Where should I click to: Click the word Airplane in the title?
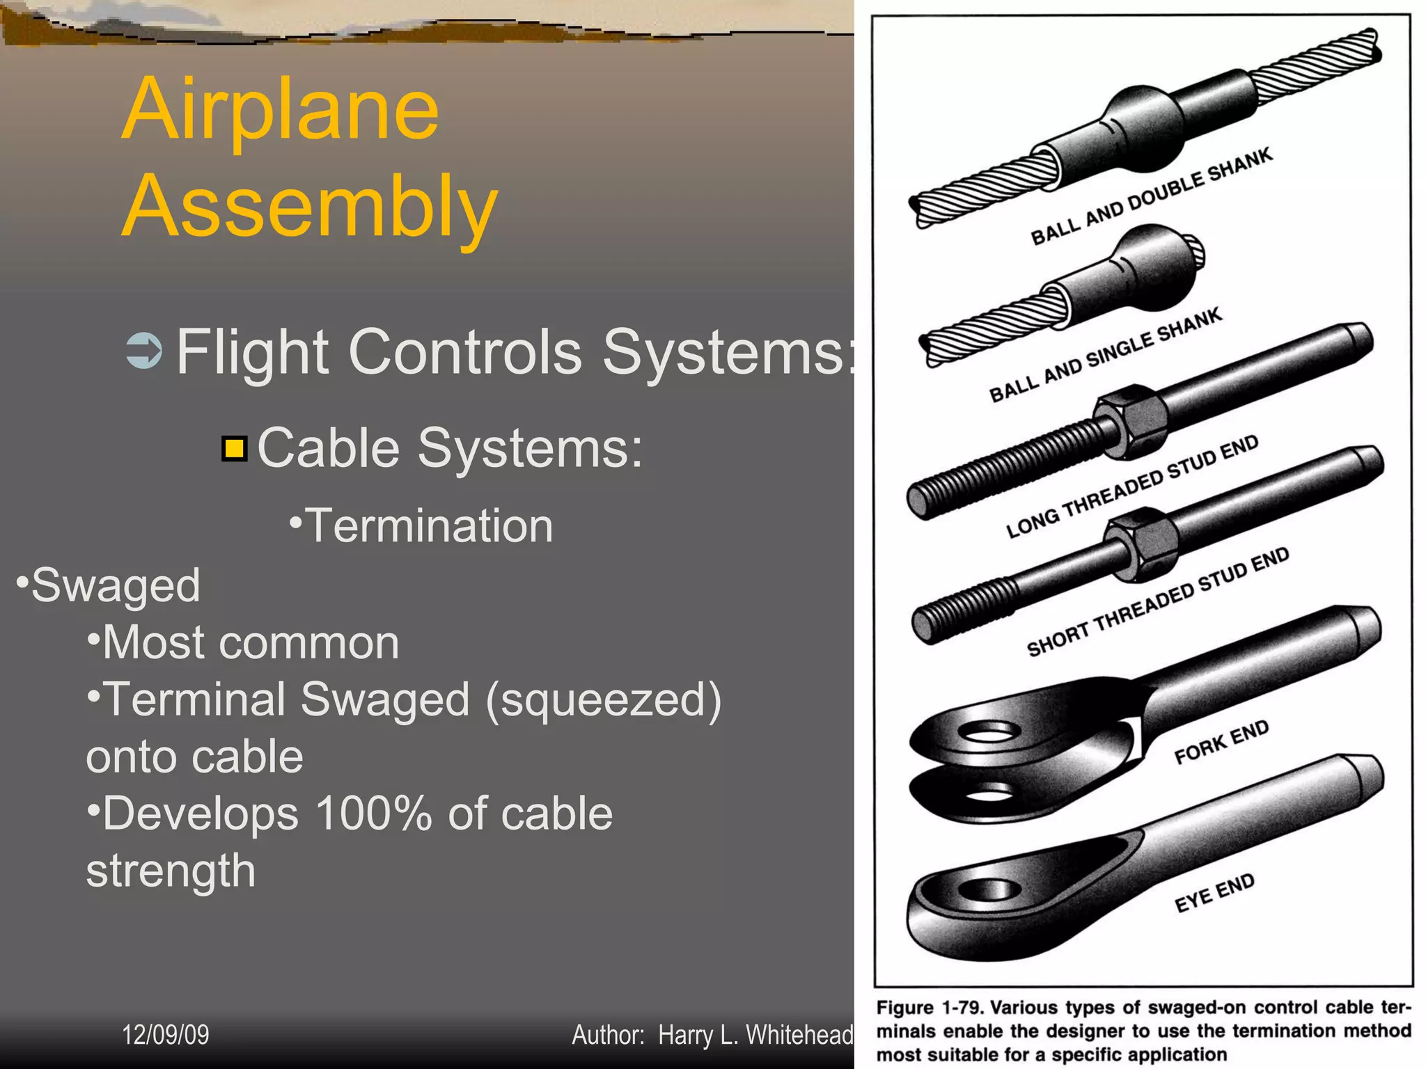click(281, 110)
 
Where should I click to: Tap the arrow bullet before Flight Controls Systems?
click(144, 351)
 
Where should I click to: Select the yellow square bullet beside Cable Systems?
click(235, 449)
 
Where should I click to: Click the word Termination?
click(429, 525)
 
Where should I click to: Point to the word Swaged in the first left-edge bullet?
click(116, 585)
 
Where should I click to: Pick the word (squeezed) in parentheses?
click(603, 699)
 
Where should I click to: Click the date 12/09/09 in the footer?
click(166, 1035)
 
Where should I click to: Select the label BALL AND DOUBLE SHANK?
click(1152, 196)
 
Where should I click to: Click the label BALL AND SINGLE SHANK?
click(1105, 355)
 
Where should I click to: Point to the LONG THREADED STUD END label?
click(1132, 486)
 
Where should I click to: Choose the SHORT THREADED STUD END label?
click(1158, 602)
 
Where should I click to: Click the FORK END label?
click(1221, 742)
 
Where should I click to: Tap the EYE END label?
click(1214, 892)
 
